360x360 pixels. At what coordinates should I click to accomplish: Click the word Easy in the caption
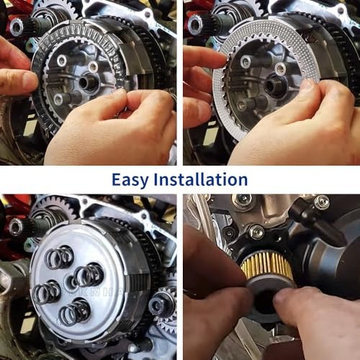pyautogui.click(x=130, y=180)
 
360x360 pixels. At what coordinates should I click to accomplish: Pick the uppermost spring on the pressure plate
pyautogui.click(x=59, y=257)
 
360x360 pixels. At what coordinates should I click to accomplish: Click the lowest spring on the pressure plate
pyautogui.click(x=74, y=312)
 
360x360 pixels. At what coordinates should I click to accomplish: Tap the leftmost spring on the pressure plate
pyautogui.click(x=46, y=292)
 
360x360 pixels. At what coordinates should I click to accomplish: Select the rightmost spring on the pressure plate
pyautogui.click(x=89, y=275)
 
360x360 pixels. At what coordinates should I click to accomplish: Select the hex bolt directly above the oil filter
pyautogui.click(x=256, y=232)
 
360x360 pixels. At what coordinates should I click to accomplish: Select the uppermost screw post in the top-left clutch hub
pyautogui.click(x=62, y=60)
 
